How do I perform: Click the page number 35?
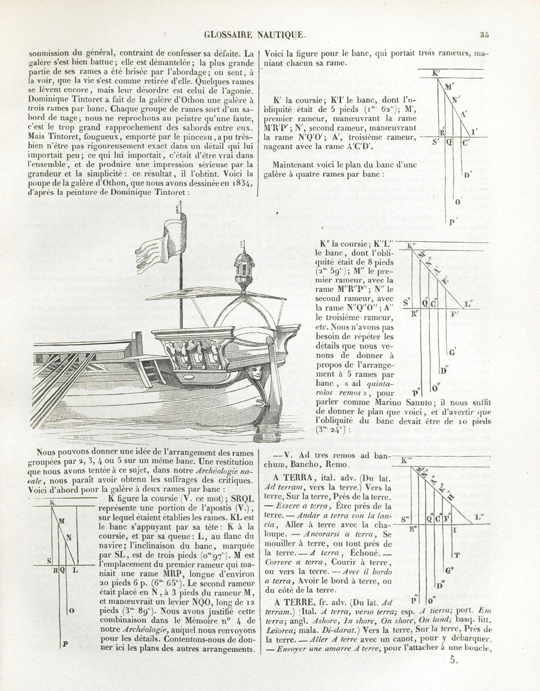pos(484,35)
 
